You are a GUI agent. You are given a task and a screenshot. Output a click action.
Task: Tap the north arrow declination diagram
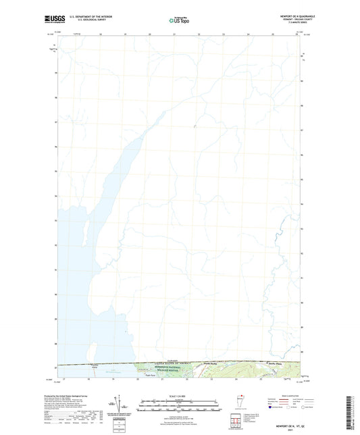[119, 404]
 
